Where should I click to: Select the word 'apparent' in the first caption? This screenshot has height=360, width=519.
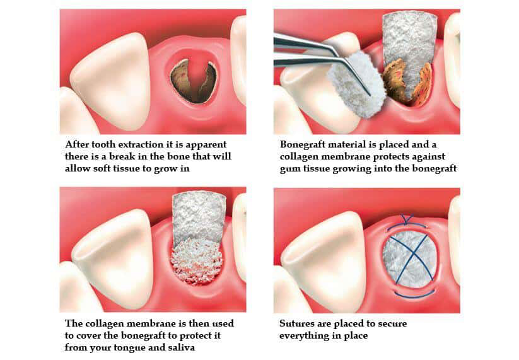tap(204, 144)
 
